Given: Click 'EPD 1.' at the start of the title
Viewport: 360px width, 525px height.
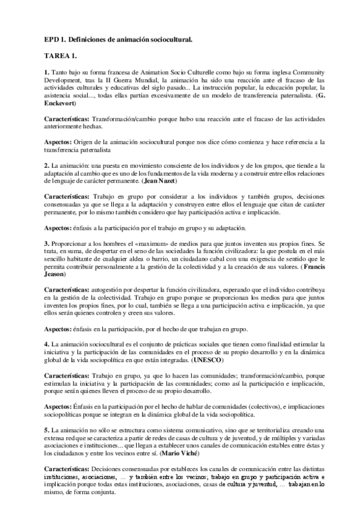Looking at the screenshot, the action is pyautogui.click(x=54, y=39).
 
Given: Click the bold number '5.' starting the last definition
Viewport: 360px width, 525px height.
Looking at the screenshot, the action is pyautogui.click(x=46, y=429).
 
